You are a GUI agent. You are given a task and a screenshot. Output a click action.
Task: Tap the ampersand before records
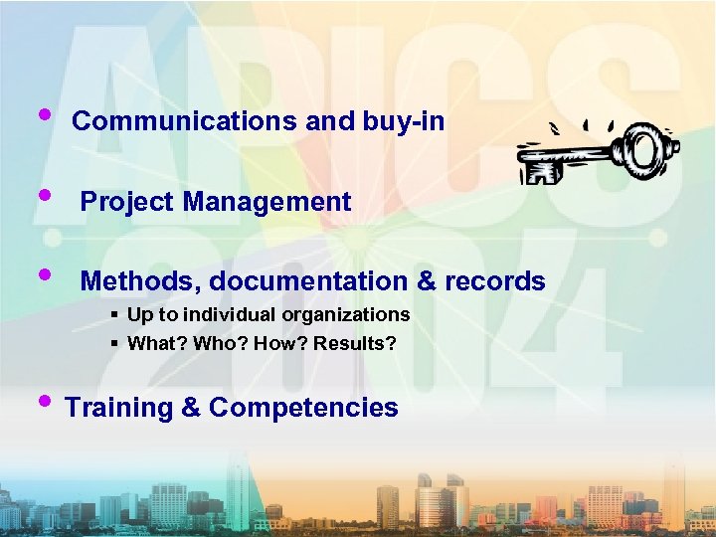click(x=427, y=281)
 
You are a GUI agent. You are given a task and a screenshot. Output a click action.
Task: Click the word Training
click(x=119, y=408)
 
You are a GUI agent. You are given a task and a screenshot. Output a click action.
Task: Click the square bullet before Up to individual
click(x=115, y=315)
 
